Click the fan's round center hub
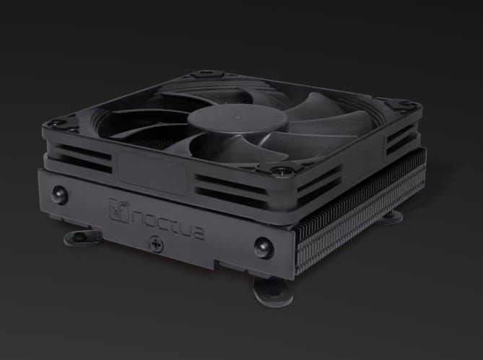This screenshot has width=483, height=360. [x=238, y=120]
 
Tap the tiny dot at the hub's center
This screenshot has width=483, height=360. [x=237, y=117]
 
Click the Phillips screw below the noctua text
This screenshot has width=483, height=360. [x=156, y=244]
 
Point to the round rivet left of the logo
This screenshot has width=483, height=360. [x=59, y=195]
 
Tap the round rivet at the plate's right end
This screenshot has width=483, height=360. [x=264, y=247]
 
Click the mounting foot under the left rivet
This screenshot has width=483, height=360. [x=82, y=237]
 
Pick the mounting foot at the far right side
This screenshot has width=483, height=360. [x=393, y=216]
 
